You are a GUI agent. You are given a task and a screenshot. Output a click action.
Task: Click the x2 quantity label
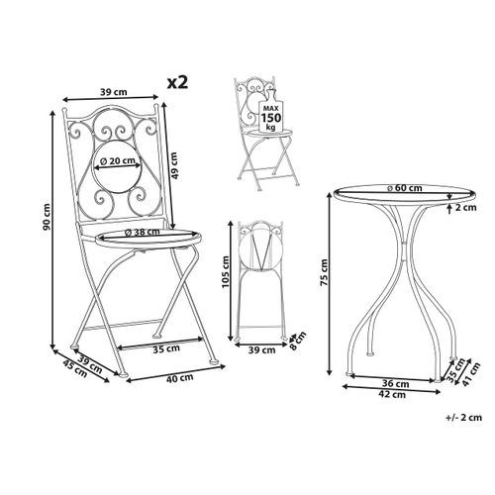[177, 82]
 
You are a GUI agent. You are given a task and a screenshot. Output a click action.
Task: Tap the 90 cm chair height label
[47, 217]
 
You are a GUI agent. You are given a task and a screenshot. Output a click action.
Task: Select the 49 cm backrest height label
[175, 165]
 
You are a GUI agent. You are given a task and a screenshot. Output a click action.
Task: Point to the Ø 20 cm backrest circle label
[118, 161]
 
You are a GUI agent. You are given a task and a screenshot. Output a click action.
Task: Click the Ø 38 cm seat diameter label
[143, 232]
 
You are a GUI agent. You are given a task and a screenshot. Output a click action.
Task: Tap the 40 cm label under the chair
[180, 378]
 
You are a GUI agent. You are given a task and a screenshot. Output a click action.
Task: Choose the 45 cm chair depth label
[75, 368]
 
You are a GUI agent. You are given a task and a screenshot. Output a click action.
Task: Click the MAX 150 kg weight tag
[270, 113]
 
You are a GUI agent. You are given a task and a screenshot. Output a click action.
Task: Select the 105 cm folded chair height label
[226, 271]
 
